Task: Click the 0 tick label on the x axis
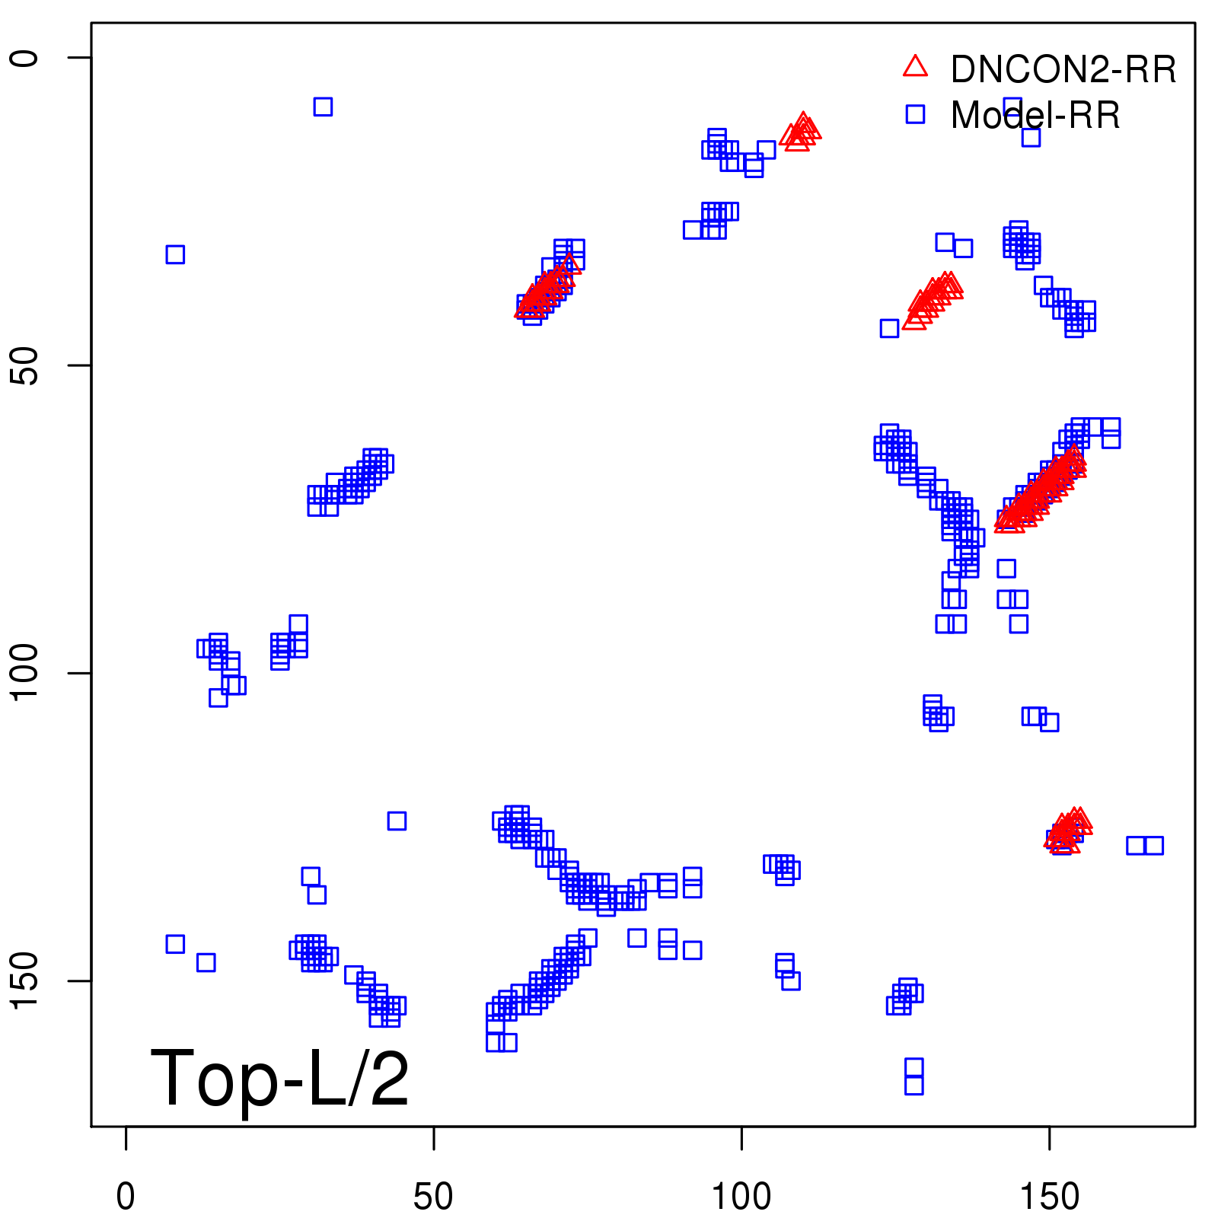(x=126, y=1197)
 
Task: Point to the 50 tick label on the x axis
(x=433, y=1197)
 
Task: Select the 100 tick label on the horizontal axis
(x=741, y=1197)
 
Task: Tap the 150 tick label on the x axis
(x=1048, y=1197)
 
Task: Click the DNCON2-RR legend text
(x=1063, y=69)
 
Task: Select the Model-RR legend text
(x=1035, y=115)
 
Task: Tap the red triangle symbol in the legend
(x=915, y=67)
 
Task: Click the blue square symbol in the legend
(x=915, y=114)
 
